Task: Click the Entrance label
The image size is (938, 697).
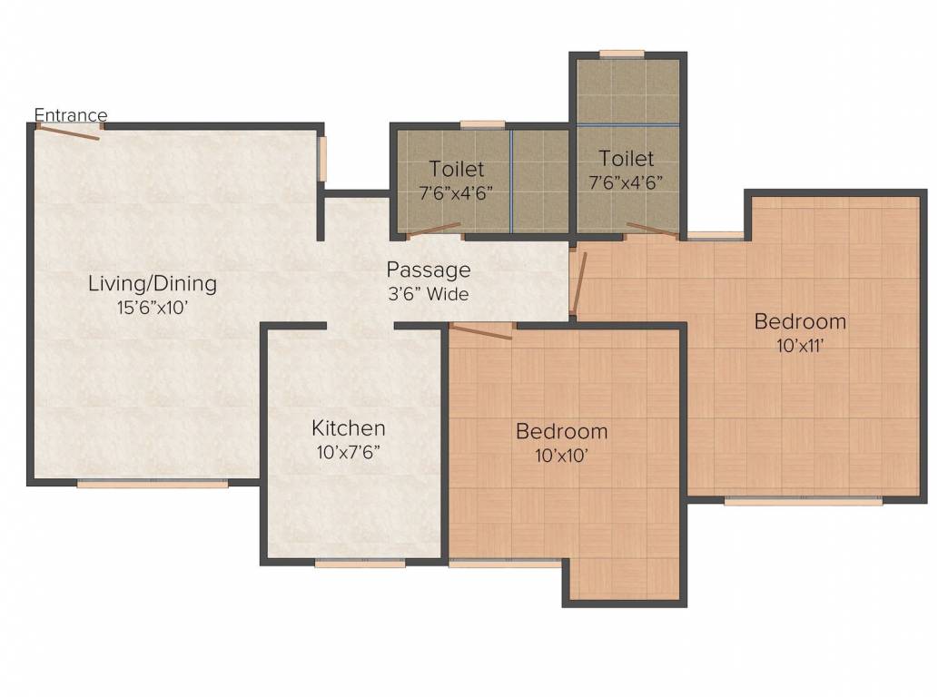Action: [x=71, y=114]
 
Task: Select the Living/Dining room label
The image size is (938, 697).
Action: [x=153, y=283]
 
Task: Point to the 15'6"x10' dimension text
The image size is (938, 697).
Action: [x=153, y=308]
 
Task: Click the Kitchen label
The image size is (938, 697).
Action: [x=349, y=428]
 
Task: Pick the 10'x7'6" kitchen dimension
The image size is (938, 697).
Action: [x=349, y=453]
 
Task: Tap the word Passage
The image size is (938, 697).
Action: [x=429, y=270]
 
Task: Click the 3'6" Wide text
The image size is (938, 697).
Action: [x=429, y=294]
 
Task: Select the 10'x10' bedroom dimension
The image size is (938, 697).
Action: [x=562, y=456]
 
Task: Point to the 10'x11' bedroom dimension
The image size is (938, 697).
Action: [x=800, y=346]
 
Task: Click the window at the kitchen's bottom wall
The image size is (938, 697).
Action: [x=360, y=563]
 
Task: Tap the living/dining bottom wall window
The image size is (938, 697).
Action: [x=153, y=484]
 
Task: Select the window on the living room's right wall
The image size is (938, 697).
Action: [x=322, y=159]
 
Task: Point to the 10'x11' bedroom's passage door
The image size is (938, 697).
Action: [x=578, y=283]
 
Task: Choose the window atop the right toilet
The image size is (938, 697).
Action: [x=622, y=54]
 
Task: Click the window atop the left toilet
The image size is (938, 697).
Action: [x=483, y=125]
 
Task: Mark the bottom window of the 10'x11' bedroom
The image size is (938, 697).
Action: [x=804, y=501]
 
